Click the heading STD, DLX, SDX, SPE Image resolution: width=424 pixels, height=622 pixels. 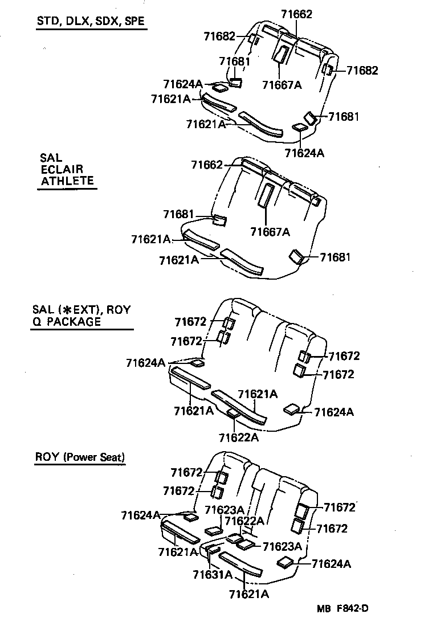click(x=90, y=22)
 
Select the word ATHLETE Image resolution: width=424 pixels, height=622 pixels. click(x=67, y=181)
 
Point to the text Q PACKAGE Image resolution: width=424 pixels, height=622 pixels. click(x=67, y=322)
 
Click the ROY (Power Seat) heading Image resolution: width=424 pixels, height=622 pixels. click(x=80, y=457)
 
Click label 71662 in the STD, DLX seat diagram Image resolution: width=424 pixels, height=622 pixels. click(x=297, y=14)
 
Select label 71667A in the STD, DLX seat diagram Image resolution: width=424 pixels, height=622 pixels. click(x=282, y=85)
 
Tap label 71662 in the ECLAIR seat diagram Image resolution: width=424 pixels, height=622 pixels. click(x=207, y=165)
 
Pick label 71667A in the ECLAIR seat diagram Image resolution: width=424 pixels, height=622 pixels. click(x=270, y=231)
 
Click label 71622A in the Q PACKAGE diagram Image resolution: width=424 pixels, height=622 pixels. click(x=239, y=437)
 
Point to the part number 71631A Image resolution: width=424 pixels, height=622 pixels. click(x=213, y=574)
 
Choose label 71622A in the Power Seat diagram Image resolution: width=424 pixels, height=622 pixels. click(x=244, y=520)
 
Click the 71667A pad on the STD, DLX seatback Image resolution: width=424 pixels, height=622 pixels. click(x=280, y=54)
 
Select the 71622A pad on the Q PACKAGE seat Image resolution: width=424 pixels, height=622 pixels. click(x=233, y=413)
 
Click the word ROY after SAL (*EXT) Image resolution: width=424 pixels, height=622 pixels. click(x=119, y=310)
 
